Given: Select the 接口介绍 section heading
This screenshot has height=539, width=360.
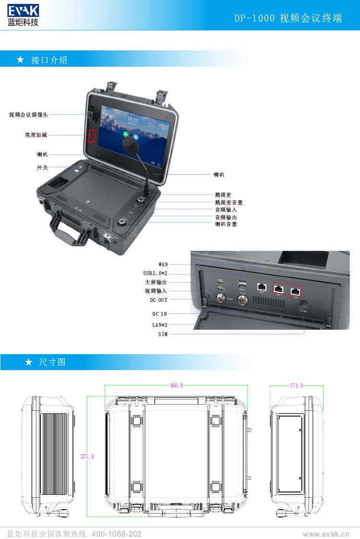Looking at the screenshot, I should [49, 60].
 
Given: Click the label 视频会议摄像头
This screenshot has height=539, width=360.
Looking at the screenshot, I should [28, 115].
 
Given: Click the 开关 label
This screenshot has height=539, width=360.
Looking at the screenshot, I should [42, 168].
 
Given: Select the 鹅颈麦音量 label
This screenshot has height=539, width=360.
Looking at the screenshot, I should [228, 203].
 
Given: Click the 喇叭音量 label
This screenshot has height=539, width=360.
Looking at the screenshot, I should [226, 224].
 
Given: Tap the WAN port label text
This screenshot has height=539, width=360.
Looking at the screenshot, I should [163, 264].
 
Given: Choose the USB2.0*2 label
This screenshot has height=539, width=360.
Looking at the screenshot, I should [156, 273].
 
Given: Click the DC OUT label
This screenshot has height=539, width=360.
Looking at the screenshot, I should [158, 300].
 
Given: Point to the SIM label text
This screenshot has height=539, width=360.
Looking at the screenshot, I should [163, 334].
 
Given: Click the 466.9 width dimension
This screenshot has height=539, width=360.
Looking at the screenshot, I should [176, 385].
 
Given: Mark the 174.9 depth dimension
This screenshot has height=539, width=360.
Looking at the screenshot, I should [296, 385].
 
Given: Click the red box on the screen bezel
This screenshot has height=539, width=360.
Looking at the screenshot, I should [92, 136].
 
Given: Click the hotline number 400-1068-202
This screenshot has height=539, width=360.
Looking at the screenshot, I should [116, 534].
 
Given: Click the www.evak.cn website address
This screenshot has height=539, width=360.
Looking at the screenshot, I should [326, 534].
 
